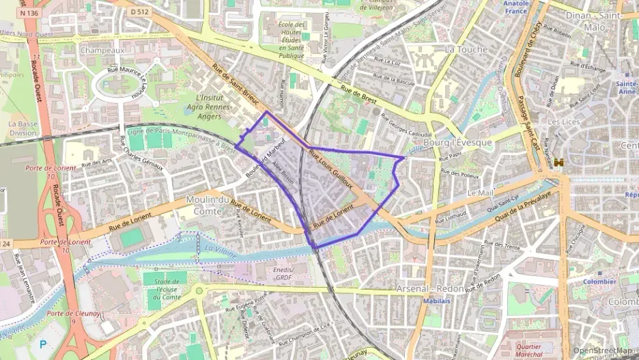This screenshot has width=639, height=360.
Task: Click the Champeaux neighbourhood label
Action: (x=102, y=50)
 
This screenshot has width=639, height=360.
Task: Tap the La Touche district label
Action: (x=466, y=49)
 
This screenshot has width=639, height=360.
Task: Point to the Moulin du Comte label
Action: (x=207, y=206)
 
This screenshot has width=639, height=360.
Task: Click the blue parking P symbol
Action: (x=44, y=345)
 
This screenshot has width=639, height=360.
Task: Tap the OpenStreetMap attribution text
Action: (x=603, y=350)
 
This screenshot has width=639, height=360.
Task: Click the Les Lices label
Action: (x=563, y=122)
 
